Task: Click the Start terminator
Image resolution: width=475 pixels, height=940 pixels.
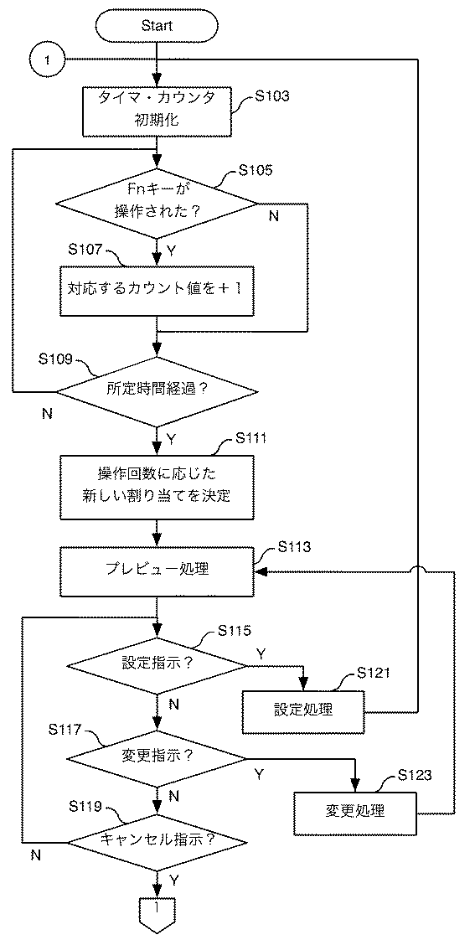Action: [x=157, y=25]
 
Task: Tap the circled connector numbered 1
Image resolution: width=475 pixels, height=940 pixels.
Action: [x=48, y=60]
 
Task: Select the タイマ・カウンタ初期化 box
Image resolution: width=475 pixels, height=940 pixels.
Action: [x=157, y=110]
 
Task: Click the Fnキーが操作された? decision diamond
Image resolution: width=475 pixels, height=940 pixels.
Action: [x=157, y=204]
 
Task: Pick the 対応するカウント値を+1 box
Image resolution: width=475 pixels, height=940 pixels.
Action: [x=157, y=290]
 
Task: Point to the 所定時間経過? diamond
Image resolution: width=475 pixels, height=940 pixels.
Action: [x=157, y=392]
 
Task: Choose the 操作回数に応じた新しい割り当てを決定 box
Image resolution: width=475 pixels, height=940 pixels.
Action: [x=157, y=488]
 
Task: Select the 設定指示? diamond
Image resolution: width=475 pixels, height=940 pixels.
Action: [x=157, y=665]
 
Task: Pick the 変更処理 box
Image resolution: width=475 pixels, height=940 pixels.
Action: [x=355, y=813]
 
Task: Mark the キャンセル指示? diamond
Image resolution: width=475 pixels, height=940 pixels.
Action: [x=157, y=841]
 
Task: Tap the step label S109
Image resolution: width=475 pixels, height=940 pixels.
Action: [x=56, y=359]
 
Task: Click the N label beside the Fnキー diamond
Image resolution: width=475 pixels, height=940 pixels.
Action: [x=273, y=216]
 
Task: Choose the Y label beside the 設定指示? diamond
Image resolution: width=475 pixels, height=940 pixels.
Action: [x=260, y=653]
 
